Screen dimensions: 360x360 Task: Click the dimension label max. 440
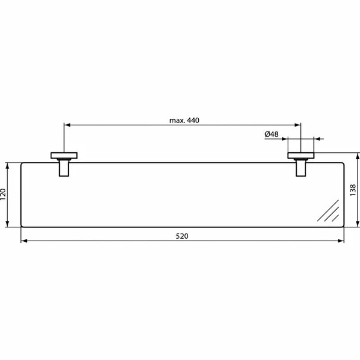point(183,120)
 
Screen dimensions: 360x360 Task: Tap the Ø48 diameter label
point(272,134)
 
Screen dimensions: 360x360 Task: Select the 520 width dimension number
point(182,236)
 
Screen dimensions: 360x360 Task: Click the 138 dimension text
point(354,190)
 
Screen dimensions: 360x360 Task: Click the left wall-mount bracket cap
point(62,156)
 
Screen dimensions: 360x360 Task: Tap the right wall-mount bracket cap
point(301,156)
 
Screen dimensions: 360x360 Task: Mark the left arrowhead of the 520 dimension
point(24,242)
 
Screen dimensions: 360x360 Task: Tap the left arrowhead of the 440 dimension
point(67,125)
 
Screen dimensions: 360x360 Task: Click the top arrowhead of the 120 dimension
point(8,164)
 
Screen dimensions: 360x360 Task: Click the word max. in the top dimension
point(176,120)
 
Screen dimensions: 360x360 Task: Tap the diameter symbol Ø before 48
point(267,134)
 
